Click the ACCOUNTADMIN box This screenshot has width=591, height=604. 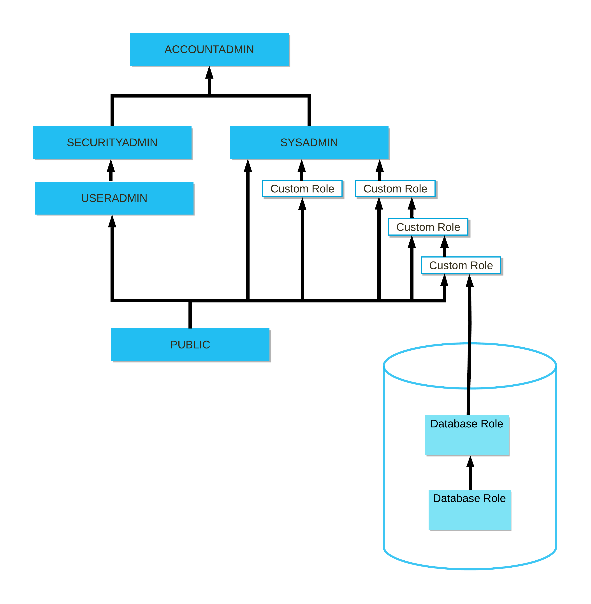[x=209, y=49]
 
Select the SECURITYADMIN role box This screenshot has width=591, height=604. [x=112, y=142]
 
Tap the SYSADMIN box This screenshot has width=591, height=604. [x=309, y=142]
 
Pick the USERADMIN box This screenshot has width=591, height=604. [x=114, y=198]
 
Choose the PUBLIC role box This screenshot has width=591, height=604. [x=190, y=345]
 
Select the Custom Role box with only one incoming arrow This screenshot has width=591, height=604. [x=302, y=189]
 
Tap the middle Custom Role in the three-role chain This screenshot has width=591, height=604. [x=428, y=227]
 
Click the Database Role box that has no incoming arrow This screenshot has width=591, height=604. [x=469, y=510]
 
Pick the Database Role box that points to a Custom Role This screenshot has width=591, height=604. [x=467, y=435]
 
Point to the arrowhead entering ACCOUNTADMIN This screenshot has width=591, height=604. [x=209, y=73]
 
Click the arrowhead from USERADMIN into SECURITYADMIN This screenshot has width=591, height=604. [x=111, y=166]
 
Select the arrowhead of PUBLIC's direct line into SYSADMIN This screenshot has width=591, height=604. [x=248, y=166]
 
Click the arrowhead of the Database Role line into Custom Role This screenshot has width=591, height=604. [x=470, y=281]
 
